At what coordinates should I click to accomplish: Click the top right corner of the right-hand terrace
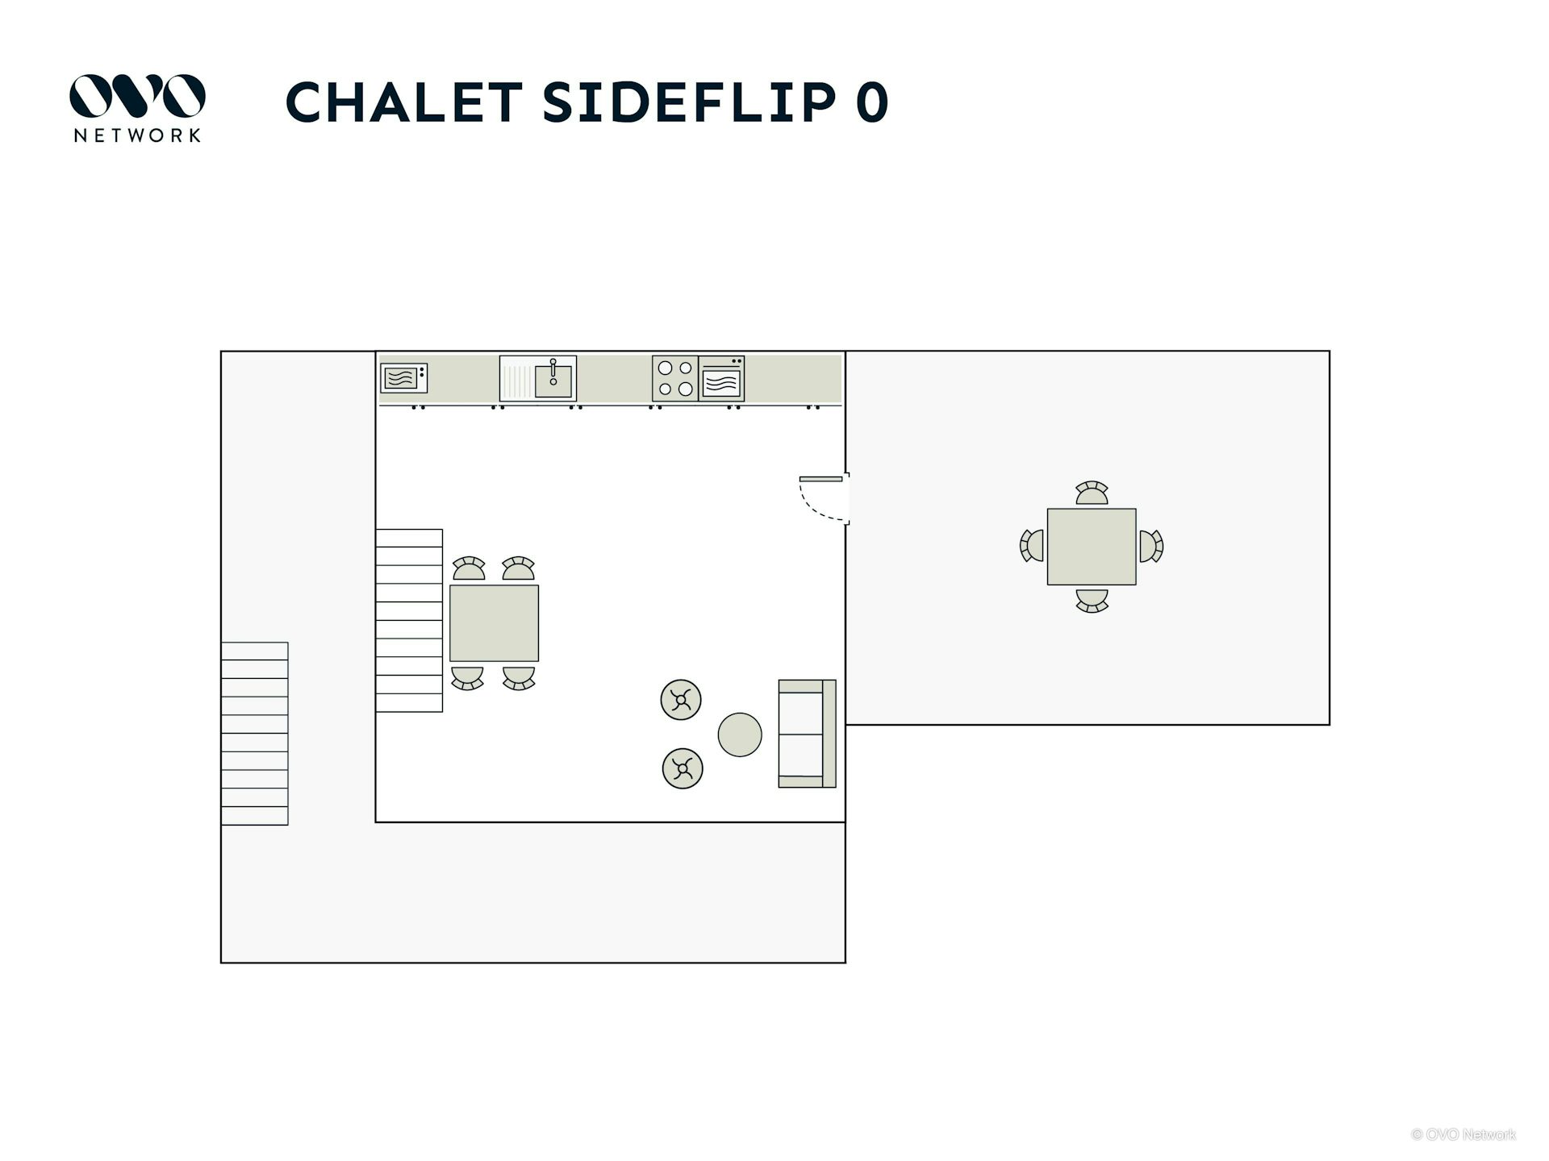click(x=1330, y=351)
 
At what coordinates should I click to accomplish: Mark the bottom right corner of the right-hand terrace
click(x=1330, y=725)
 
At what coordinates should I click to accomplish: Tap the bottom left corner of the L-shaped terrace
click(x=221, y=963)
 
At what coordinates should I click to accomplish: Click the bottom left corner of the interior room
click(x=376, y=822)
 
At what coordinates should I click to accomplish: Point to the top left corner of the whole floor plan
click(x=221, y=351)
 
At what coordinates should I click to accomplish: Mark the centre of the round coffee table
click(x=740, y=734)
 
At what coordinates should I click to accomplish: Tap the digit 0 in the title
click(x=871, y=102)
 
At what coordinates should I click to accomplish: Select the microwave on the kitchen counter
click(x=403, y=378)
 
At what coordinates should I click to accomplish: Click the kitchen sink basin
click(x=553, y=381)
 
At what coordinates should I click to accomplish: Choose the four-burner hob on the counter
click(x=675, y=378)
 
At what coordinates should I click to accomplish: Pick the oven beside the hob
click(x=721, y=378)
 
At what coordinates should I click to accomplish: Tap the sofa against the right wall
click(x=807, y=734)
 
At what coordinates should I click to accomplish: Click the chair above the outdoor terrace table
click(x=1092, y=493)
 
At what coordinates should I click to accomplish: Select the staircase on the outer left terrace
click(x=255, y=734)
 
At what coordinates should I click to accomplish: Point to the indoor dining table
click(x=494, y=623)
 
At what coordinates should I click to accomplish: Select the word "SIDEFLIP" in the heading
click(x=690, y=102)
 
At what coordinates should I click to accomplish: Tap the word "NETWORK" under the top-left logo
click(x=137, y=135)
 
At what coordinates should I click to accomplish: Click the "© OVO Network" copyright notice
click(x=1463, y=1134)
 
